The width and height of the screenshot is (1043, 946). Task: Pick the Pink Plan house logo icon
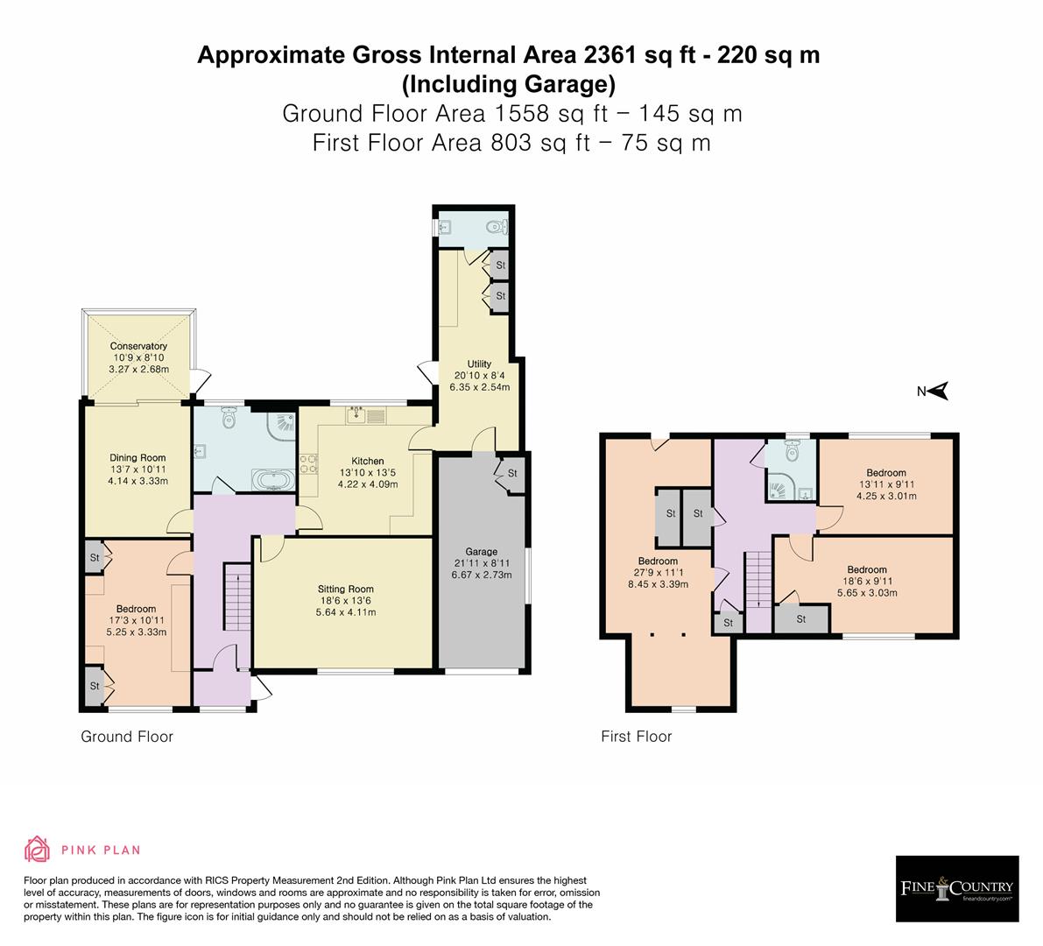pos(38,850)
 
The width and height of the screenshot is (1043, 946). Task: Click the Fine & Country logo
pos(957,888)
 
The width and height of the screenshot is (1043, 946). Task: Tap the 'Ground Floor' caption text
pos(127,737)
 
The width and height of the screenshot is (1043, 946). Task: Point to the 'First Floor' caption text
pos(636,737)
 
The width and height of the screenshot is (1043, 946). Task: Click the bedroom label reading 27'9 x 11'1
pos(658,573)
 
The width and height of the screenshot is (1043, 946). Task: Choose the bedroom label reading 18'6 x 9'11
pos(866,581)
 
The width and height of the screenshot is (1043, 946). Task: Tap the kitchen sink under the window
pos(359,415)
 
